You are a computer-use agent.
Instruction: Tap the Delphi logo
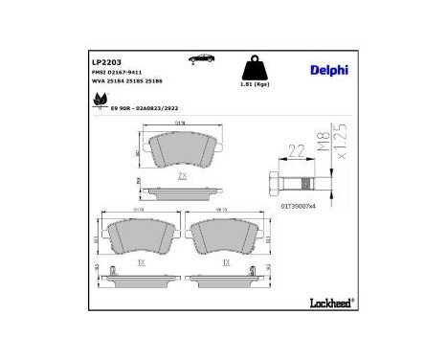[327, 68]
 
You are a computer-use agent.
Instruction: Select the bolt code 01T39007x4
[299, 205]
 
